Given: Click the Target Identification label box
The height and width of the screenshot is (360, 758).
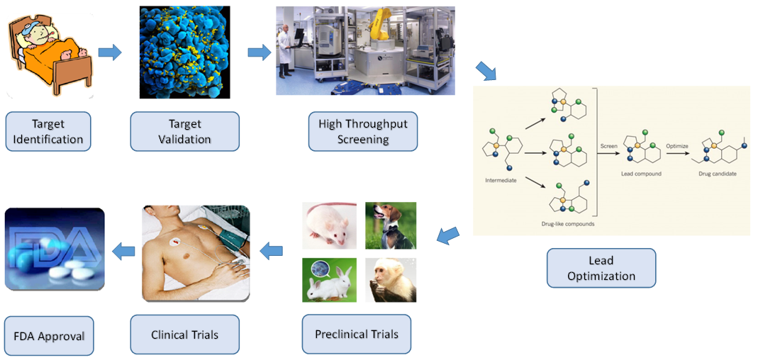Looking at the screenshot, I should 48,131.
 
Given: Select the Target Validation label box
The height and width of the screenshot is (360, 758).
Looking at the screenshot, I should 184,131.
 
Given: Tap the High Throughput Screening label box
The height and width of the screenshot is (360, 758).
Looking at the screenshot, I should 362,131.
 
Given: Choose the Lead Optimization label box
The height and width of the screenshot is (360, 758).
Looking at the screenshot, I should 601,268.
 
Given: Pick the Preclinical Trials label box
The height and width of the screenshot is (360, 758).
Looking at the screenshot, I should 356,334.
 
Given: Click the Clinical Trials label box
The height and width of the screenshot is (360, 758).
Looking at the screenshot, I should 184,334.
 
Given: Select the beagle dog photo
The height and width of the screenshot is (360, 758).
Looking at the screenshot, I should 390,225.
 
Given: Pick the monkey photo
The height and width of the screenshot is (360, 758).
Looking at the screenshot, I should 390,280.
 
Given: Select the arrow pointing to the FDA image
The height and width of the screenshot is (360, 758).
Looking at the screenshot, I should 125,249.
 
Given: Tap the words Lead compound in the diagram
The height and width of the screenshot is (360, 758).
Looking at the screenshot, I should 641,174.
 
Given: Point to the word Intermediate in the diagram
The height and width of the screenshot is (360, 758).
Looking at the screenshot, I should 501,180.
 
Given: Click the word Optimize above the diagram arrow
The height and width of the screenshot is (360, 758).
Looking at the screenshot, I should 677,145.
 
